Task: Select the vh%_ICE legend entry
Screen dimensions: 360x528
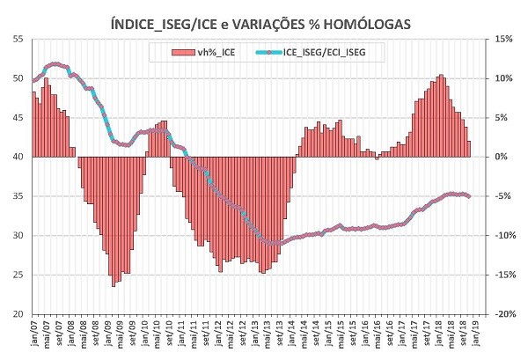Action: (x=216, y=53)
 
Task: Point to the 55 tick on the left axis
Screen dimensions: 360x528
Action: (x=18, y=39)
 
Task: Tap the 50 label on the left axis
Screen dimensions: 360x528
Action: (x=18, y=78)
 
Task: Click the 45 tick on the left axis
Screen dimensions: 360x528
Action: (x=18, y=118)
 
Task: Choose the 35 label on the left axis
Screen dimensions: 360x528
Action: (x=18, y=196)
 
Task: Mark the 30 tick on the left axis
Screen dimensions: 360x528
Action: (x=18, y=236)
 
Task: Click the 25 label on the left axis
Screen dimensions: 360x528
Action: (x=18, y=275)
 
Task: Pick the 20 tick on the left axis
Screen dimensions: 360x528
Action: (x=18, y=314)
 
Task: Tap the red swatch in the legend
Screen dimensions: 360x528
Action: (x=186, y=53)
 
